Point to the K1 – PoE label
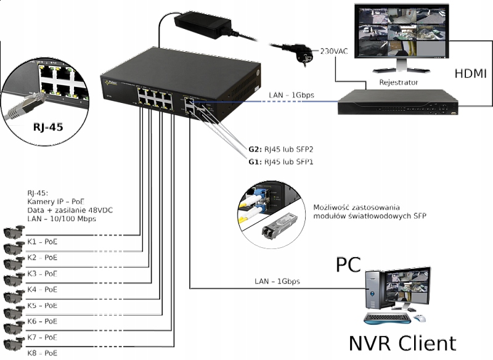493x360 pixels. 43,240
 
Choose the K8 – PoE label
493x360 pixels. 43,353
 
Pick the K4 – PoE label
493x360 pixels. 43,288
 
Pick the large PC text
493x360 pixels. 348,265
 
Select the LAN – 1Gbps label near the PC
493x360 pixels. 277,281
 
